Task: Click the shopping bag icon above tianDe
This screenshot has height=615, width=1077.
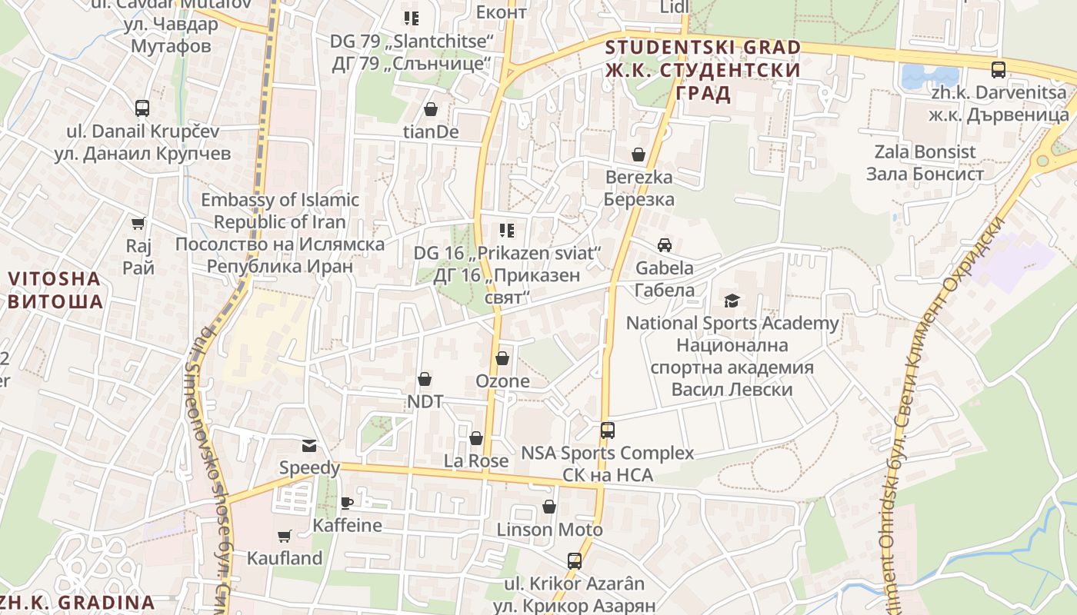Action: click(431, 110)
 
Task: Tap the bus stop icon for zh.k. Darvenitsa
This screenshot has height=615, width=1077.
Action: click(999, 70)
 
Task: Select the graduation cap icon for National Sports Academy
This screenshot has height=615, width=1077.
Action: click(731, 301)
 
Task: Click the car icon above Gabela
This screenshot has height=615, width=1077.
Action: click(665, 245)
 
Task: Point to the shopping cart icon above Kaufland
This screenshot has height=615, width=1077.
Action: click(285, 536)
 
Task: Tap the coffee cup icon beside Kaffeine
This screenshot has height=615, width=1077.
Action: click(347, 503)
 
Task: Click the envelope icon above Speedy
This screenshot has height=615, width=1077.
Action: click(309, 445)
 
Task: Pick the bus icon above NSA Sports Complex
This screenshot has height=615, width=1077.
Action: click(608, 430)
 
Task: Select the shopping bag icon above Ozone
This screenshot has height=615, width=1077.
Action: click(502, 358)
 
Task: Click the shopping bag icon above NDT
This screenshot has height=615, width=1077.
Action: click(425, 379)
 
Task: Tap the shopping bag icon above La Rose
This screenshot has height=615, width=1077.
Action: click(476, 438)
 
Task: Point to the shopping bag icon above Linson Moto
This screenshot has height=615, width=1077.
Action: click(549, 507)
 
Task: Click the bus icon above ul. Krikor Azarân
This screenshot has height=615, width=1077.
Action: click(575, 561)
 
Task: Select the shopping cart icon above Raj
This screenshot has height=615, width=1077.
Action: click(138, 224)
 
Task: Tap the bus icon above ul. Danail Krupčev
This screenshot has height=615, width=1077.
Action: click(142, 108)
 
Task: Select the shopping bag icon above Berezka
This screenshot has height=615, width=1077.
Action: click(639, 155)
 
